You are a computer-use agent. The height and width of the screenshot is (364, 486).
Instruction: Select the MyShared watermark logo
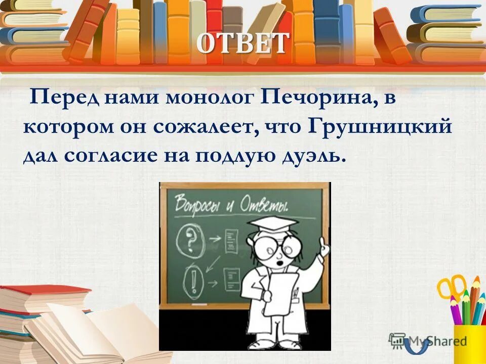click(x=428, y=341)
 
